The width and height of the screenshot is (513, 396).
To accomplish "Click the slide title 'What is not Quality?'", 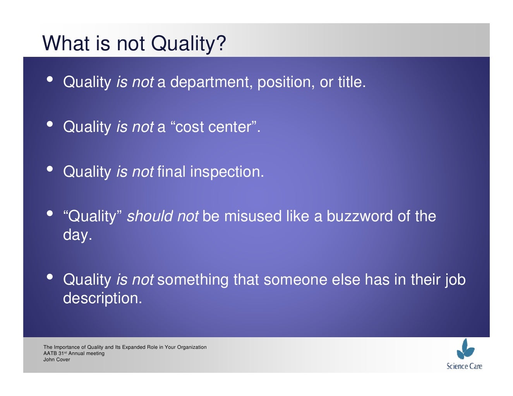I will [x=134, y=43].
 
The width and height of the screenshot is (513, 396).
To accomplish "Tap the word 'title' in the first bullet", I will [x=350, y=82].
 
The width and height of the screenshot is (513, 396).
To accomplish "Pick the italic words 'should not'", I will [x=163, y=216].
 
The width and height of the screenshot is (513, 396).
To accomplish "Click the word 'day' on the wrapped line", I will [x=76, y=235].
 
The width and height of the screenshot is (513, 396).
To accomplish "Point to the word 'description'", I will [x=102, y=298].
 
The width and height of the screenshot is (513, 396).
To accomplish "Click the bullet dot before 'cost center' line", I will [x=50, y=124].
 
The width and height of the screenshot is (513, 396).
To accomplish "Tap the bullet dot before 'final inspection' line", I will [x=50, y=169].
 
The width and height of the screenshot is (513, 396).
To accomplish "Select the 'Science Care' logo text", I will [x=464, y=366].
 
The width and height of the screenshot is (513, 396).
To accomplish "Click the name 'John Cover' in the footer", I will [x=57, y=360].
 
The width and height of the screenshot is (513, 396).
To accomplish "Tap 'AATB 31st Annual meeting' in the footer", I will [x=74, y=353].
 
